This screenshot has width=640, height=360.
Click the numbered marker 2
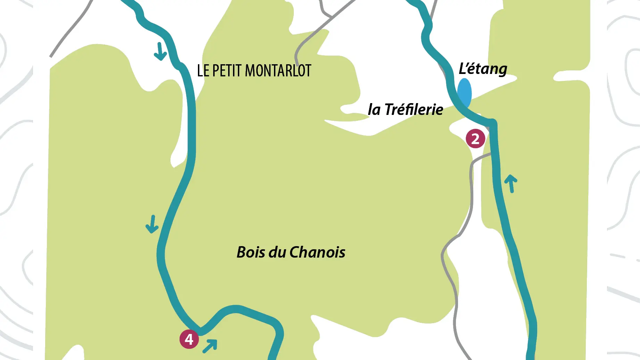click(475, 139)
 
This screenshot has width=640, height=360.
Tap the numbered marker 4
click(189, 339)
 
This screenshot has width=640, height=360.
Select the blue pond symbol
click(464, 92)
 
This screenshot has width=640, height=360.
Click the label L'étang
click(483, 69)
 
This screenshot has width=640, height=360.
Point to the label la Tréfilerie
click(405, 109)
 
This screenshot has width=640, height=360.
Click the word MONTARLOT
click(278, 71)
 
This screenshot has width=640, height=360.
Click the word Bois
click(251, 252)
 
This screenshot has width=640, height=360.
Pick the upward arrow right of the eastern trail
click(511, 183)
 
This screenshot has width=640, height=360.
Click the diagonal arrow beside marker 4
click(210, 346)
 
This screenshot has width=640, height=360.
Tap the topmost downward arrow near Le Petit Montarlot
click(160, 51)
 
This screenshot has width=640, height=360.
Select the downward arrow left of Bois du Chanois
click(152, 224)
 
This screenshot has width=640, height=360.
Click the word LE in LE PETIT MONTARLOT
click(203, 71)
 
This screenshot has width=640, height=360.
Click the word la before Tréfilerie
click(374, 110)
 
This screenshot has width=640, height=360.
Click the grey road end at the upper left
click(51, 57)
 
